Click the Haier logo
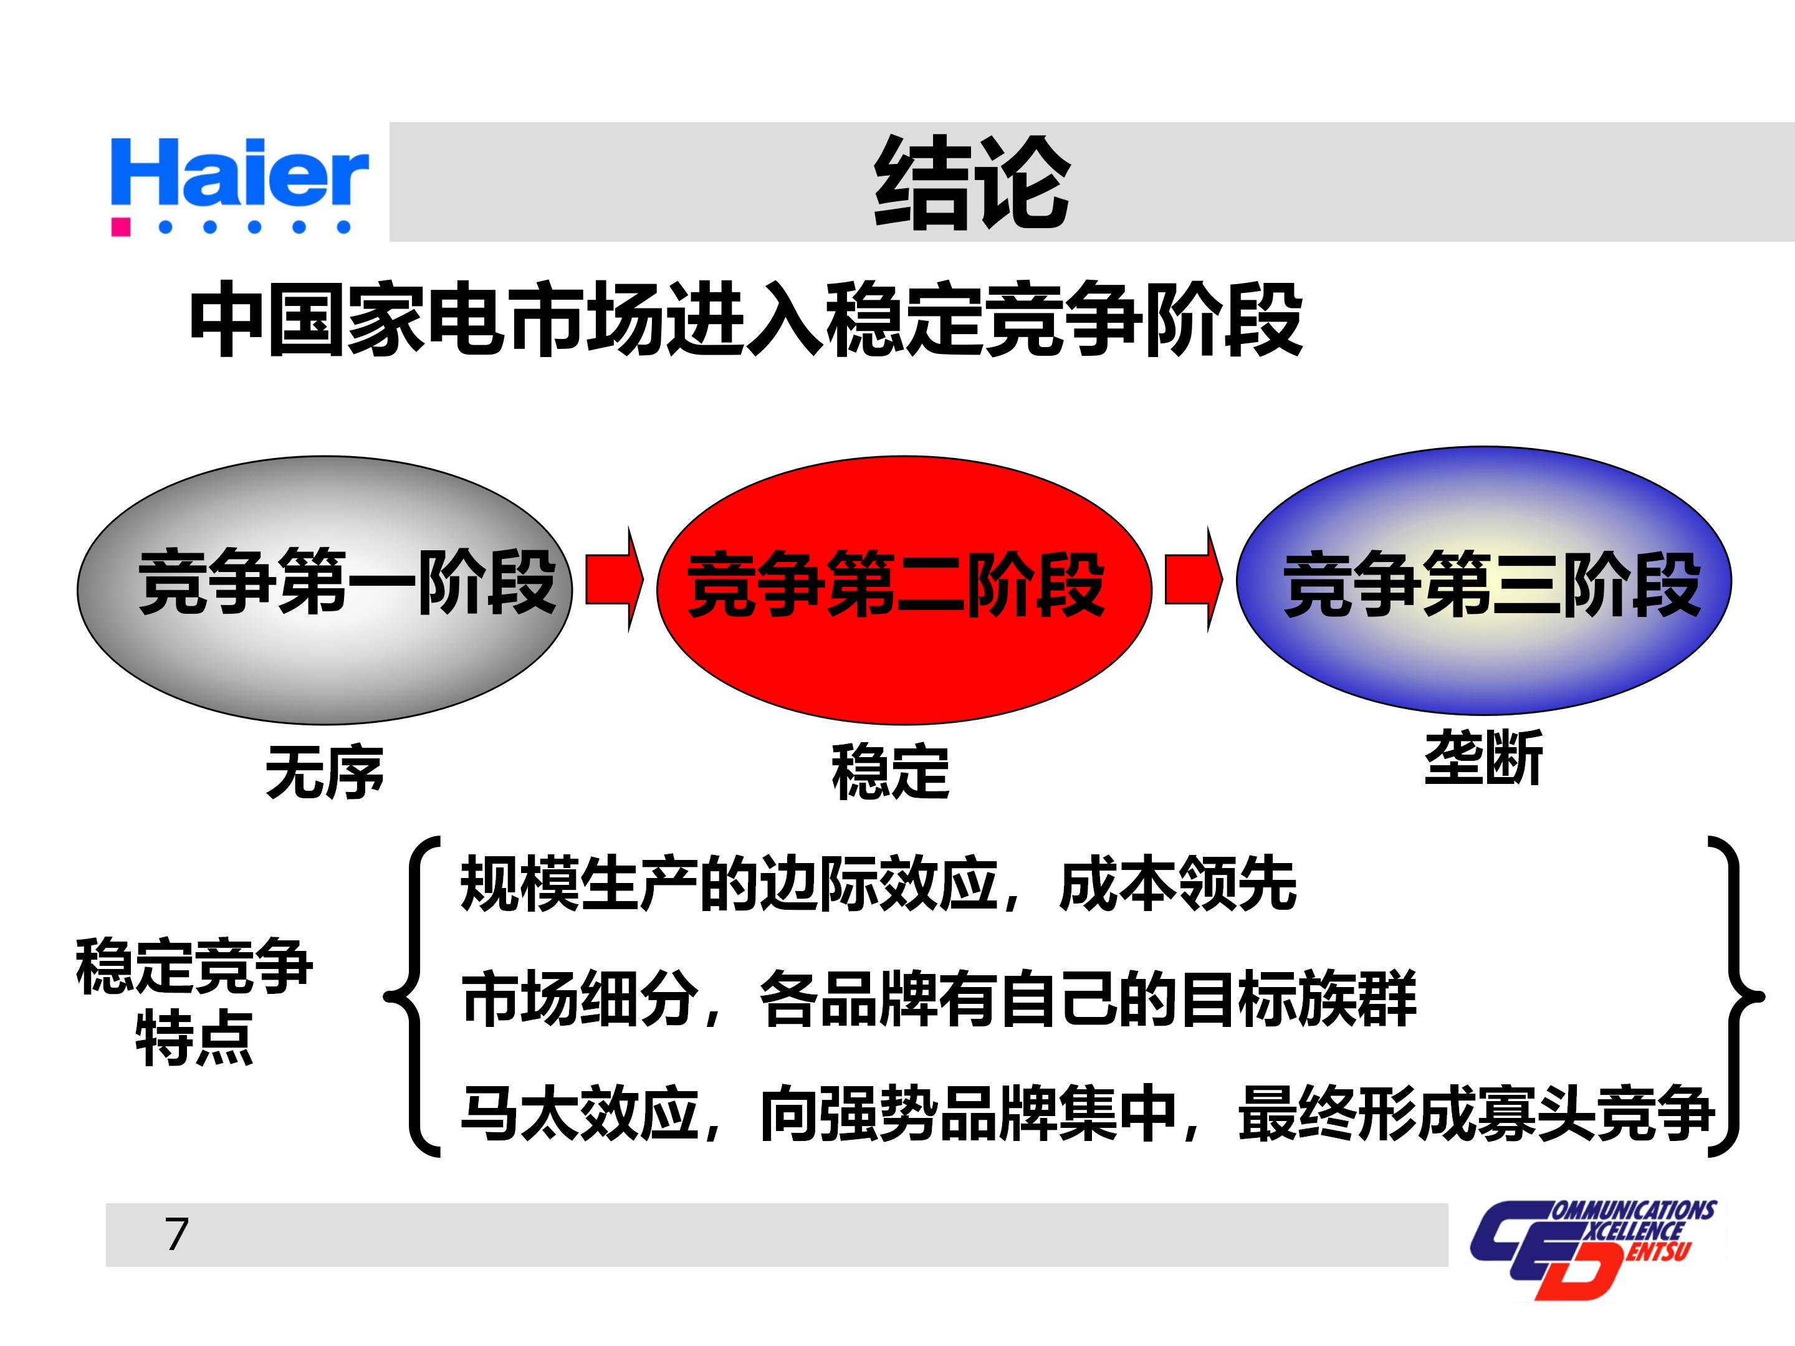pos(239,174)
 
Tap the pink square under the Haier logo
pos(121,226)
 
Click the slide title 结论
pos(971,183)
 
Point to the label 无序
pos(325,772)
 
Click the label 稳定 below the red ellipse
pos(890,772)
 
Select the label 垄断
pos(1483,758)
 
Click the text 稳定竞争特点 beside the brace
pos(194,1001)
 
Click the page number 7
pos(177,1235)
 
